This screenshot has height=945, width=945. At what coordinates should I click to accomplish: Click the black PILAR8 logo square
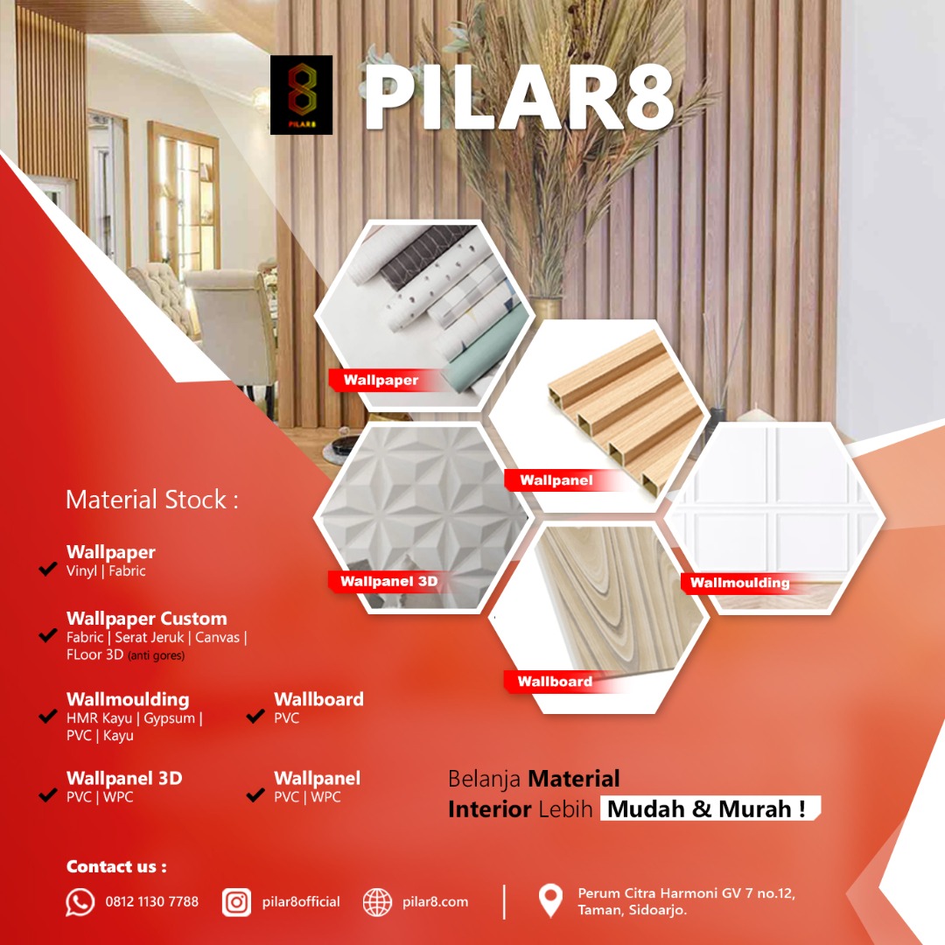301,94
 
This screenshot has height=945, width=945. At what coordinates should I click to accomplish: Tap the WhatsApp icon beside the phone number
80,902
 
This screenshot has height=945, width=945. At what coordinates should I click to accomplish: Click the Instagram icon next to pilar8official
236,902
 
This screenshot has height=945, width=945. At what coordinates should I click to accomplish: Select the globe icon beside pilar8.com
377,902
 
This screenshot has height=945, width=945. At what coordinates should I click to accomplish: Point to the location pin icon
550,900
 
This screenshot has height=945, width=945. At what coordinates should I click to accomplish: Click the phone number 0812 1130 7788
152,901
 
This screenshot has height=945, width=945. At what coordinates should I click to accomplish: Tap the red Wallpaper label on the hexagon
381,380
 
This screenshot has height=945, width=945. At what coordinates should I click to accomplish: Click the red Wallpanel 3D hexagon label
389,582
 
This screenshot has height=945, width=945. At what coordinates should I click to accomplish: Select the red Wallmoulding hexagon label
740,583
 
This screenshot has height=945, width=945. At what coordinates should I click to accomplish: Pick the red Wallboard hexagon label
555,682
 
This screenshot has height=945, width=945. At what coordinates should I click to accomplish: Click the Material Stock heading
152,500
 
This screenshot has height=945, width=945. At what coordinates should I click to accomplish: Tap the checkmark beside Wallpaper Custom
47,635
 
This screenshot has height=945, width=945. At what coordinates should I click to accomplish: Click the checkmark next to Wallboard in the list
255,716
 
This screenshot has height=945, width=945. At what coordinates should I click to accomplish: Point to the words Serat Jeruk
150,637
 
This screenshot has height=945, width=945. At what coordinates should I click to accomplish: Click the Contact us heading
116,866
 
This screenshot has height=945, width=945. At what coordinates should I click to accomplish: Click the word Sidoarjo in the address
658,910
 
